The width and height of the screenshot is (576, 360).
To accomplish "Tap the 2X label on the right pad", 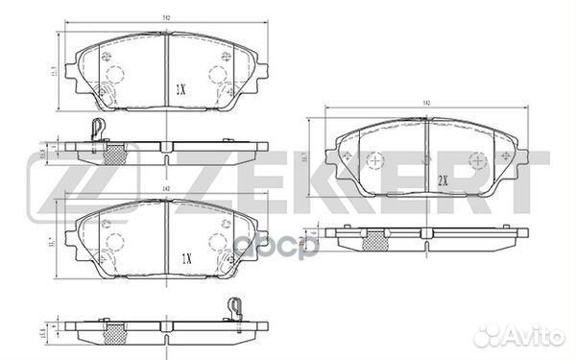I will point(442,179).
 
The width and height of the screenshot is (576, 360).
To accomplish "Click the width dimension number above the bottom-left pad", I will point(166,188).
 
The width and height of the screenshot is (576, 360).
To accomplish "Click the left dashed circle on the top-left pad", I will point(116,78).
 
